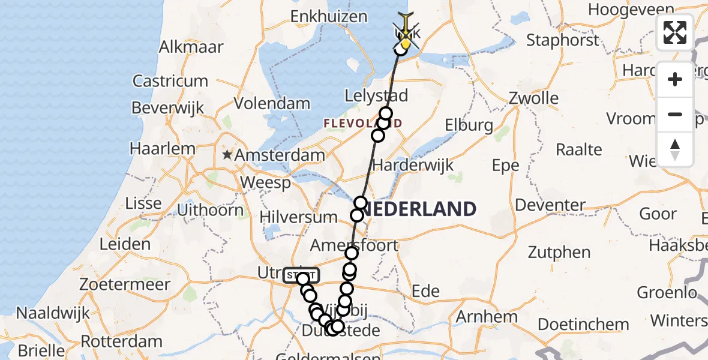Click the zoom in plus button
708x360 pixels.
click(675, 80)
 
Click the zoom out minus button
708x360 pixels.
click(675, 115)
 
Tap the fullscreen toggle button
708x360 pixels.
click(675, 32)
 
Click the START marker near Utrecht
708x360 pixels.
click(301, 275)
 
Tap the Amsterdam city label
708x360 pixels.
click(280, 155)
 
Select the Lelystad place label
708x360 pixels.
click(376, 95)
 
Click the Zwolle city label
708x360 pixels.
click(533, 98)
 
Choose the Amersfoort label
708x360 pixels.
click(354, 245)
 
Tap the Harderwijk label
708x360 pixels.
click(413, 164)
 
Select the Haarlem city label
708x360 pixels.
click(164, 149)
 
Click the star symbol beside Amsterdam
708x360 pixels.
click(227, 155)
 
